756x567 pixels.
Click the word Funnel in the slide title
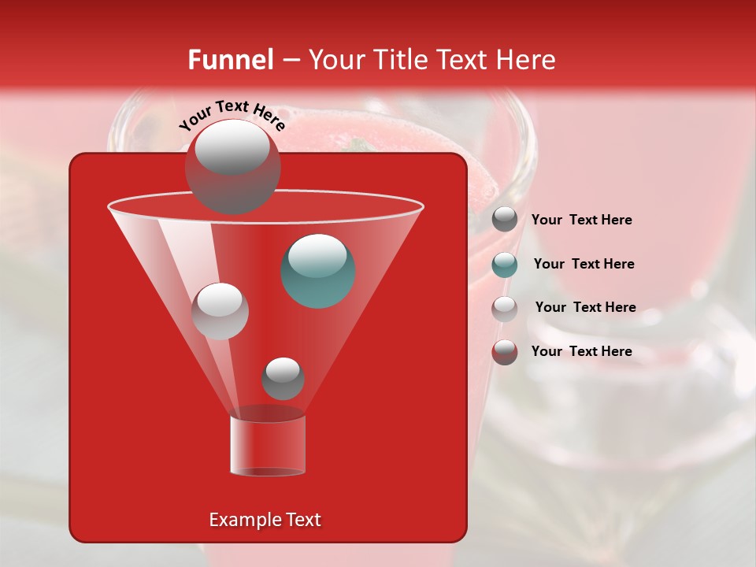tap(231, 60)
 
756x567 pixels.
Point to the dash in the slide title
tap(291, 61)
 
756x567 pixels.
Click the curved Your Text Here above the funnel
tap(232, 115)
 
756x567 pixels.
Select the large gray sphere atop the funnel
tap(232, 166)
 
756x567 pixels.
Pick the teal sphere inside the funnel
tap(318, 270)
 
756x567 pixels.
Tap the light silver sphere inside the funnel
tap(220, 311)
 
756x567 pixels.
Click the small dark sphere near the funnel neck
tap(283, 379)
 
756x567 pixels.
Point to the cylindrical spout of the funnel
tap(268, 446)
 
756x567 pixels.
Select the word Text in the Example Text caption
tap(302, 520)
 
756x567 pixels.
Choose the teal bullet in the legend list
tap(505, 265)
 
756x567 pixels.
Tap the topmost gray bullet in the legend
tap(505, 220)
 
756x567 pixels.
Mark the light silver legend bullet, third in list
tap(505, 309)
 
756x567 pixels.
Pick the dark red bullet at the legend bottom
tap(505, 352)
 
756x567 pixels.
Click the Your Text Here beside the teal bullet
tap(584, 264)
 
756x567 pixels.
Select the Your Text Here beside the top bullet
tap(581, 220)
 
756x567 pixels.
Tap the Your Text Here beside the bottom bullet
tap(581, 351)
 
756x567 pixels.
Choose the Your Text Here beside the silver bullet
tap(585, 307)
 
